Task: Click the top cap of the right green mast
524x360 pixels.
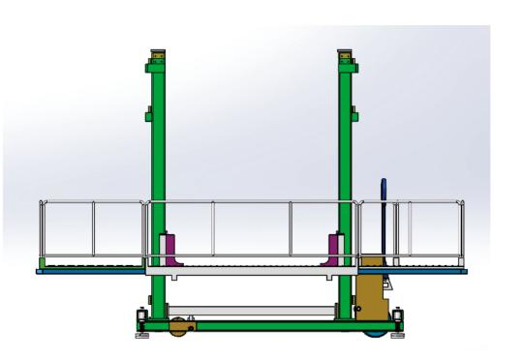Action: [346, 60]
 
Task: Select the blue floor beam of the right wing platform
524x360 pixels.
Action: [431, 272]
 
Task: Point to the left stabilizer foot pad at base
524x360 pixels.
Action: [141, 335]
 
